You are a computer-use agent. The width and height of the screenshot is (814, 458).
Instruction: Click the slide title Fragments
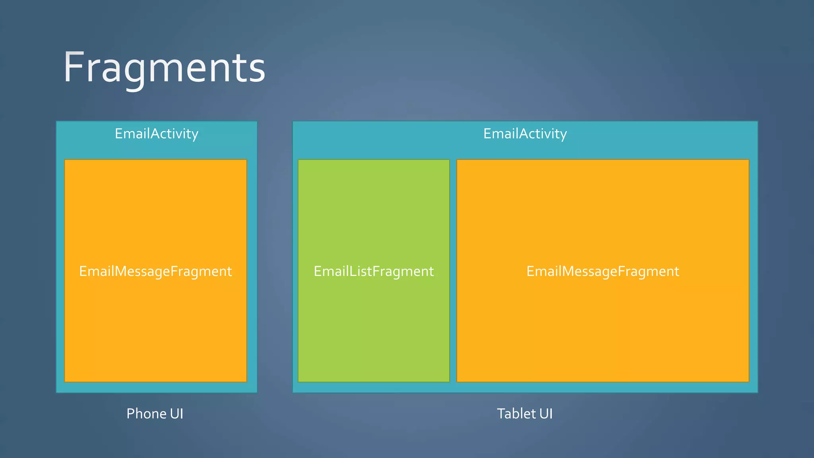pyautogui.click(x=164, y=68)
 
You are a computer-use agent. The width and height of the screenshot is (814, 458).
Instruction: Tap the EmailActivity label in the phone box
pyautogui.click(x=156, y=134)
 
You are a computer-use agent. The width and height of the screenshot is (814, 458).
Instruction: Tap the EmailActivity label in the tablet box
pyautogui.click(x=525, y=134)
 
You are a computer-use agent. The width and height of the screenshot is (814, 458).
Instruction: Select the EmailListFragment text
pyautogui.click(x=374, y=271)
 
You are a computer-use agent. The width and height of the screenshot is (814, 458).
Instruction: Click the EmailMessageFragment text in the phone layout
pyautogui.click(x=155, y=271)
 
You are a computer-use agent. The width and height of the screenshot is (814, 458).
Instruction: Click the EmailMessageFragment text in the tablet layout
pyautogui.click(x=603, y=271)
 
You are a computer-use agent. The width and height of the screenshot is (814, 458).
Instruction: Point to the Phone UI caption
pyautogui.click(x=155, y=413)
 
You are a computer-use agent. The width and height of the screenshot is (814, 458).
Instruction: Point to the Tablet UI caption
pyautogui.click(x=525, y=413)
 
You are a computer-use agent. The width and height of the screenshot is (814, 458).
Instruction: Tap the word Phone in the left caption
pyautogui.click(x=146, y=413)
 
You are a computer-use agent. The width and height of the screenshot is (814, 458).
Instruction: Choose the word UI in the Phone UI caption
pyautogui.click(x=176, y=413)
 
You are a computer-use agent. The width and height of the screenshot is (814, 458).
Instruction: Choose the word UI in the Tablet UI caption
pyautogui.click(x=546, y=413)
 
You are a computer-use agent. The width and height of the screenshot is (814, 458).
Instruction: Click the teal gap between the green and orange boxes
pyautogui.click(x=453, y=270)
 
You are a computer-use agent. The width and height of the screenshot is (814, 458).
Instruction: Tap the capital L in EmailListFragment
pyautogui.click(x=352, y=271)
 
